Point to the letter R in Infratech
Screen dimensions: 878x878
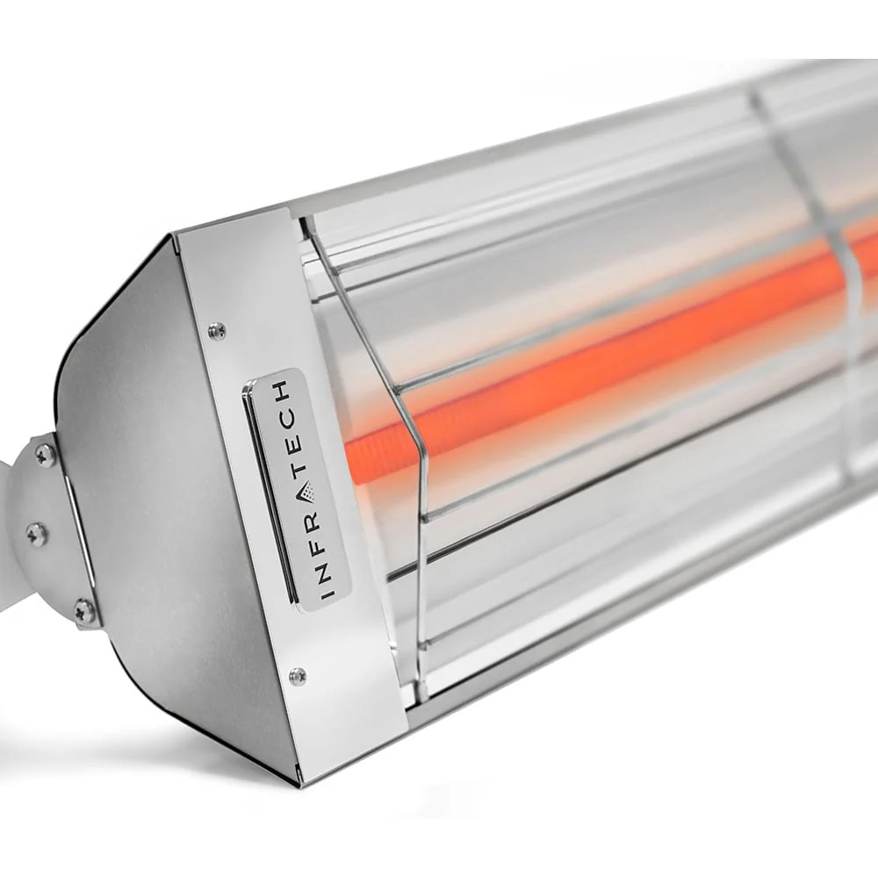coord(314,521)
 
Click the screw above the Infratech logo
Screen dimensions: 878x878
coord(217,331)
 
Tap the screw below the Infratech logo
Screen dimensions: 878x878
coord(298,675)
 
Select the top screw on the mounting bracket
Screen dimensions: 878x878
coord(45,454)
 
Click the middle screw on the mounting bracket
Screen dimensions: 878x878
coord(37,532)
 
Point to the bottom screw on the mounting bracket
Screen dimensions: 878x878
coord(84,609)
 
